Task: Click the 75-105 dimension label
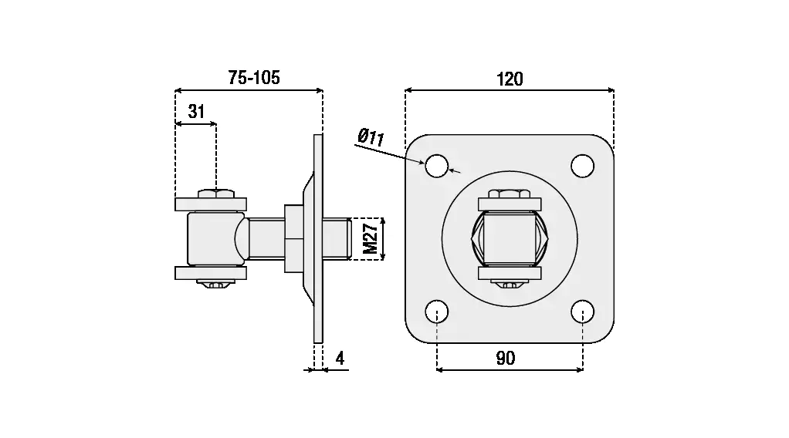254,77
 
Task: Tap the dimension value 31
196,111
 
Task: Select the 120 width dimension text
510,78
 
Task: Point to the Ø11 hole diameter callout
371,138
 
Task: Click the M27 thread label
371,238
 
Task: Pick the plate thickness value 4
339,358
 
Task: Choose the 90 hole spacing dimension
506,358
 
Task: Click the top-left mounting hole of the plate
437,165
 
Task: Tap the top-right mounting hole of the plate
582,165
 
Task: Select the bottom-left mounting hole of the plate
437,312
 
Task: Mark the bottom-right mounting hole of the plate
582,312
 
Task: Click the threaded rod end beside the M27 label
340,238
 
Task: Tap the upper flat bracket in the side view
211,204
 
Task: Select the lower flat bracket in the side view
211,273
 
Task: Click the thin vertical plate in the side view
317,238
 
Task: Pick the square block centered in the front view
509,238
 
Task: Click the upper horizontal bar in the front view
509,204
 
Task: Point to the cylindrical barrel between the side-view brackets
210,238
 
